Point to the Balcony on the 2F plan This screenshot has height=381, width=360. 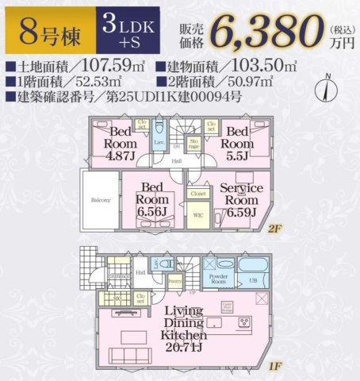coord(99,200)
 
